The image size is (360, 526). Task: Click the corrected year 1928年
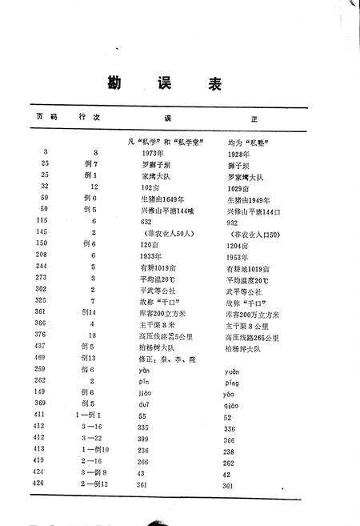240,153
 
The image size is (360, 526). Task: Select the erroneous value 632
146,221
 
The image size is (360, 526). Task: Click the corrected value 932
233,221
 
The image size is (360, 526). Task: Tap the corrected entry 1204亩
240,243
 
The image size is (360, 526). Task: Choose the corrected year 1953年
240,255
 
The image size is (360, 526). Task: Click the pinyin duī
146,406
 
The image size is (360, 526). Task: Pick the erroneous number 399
146,440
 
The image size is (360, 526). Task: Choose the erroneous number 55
144,417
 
